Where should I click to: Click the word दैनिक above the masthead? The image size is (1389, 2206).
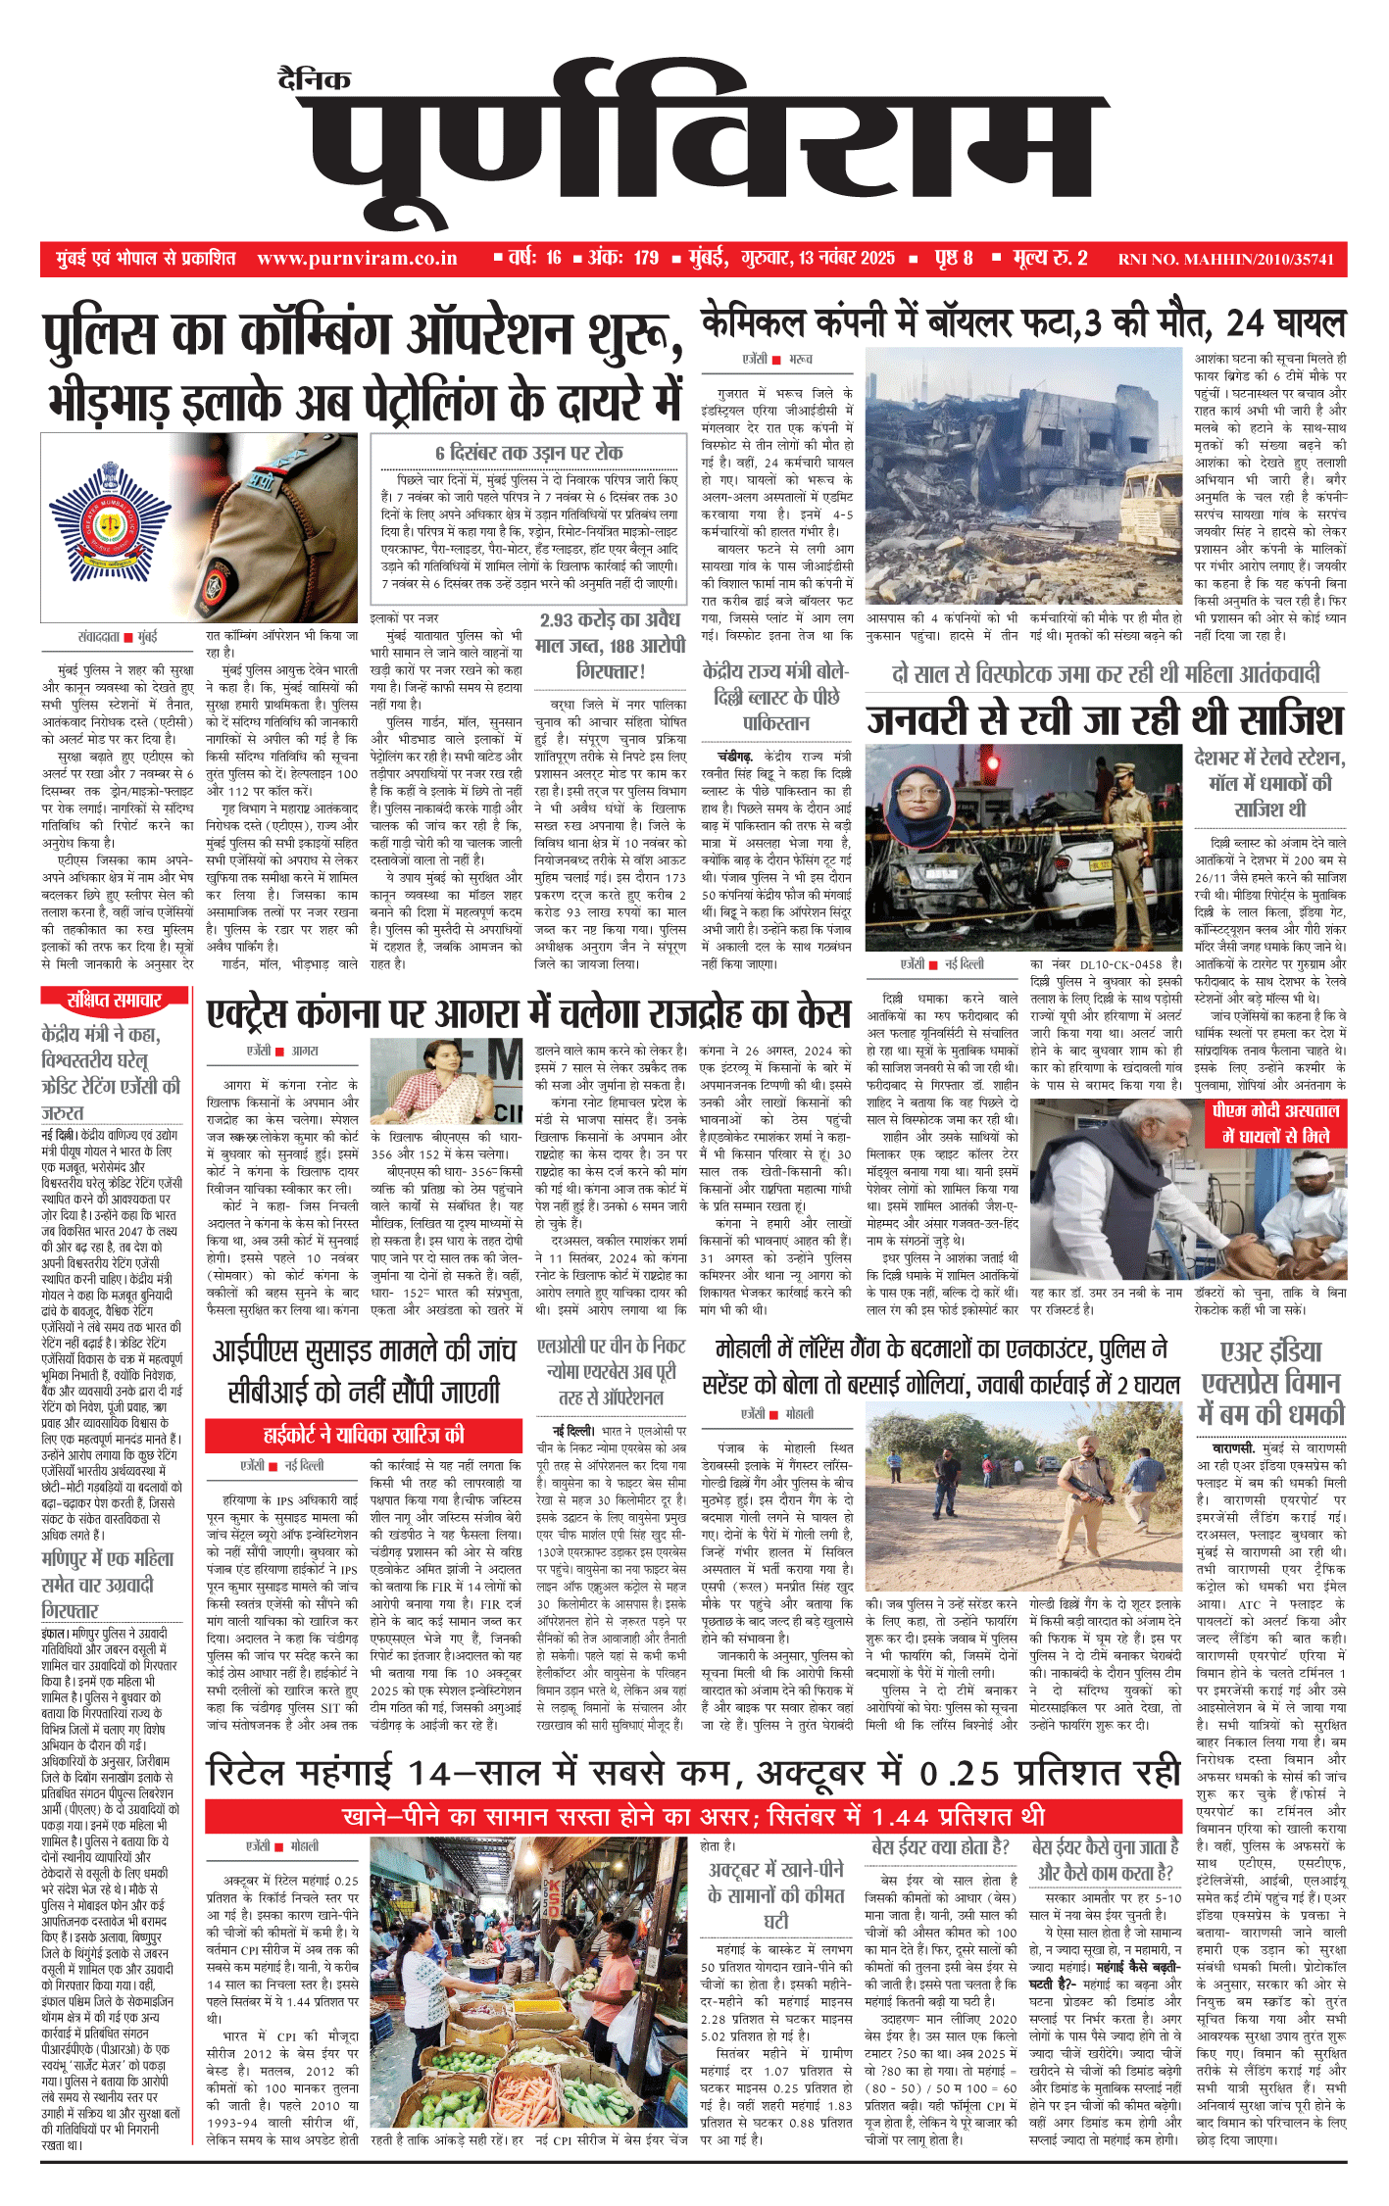point(314,79)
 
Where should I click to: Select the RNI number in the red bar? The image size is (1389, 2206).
point(1225,260)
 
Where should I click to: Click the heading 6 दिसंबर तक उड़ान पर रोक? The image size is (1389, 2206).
point(529,453)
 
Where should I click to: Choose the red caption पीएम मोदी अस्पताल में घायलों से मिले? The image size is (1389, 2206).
point(1275,1123)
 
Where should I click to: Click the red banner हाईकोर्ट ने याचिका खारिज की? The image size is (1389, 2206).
point(363,1436)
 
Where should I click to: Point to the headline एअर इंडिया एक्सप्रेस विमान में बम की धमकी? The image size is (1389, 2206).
point(1272,1383)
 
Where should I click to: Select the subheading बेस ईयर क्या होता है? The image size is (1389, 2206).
point(940,1845)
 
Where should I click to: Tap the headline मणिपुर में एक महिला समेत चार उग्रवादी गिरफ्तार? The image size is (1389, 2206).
point(107,1585)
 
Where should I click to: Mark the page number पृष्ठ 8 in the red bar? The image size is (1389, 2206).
point(953,258)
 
